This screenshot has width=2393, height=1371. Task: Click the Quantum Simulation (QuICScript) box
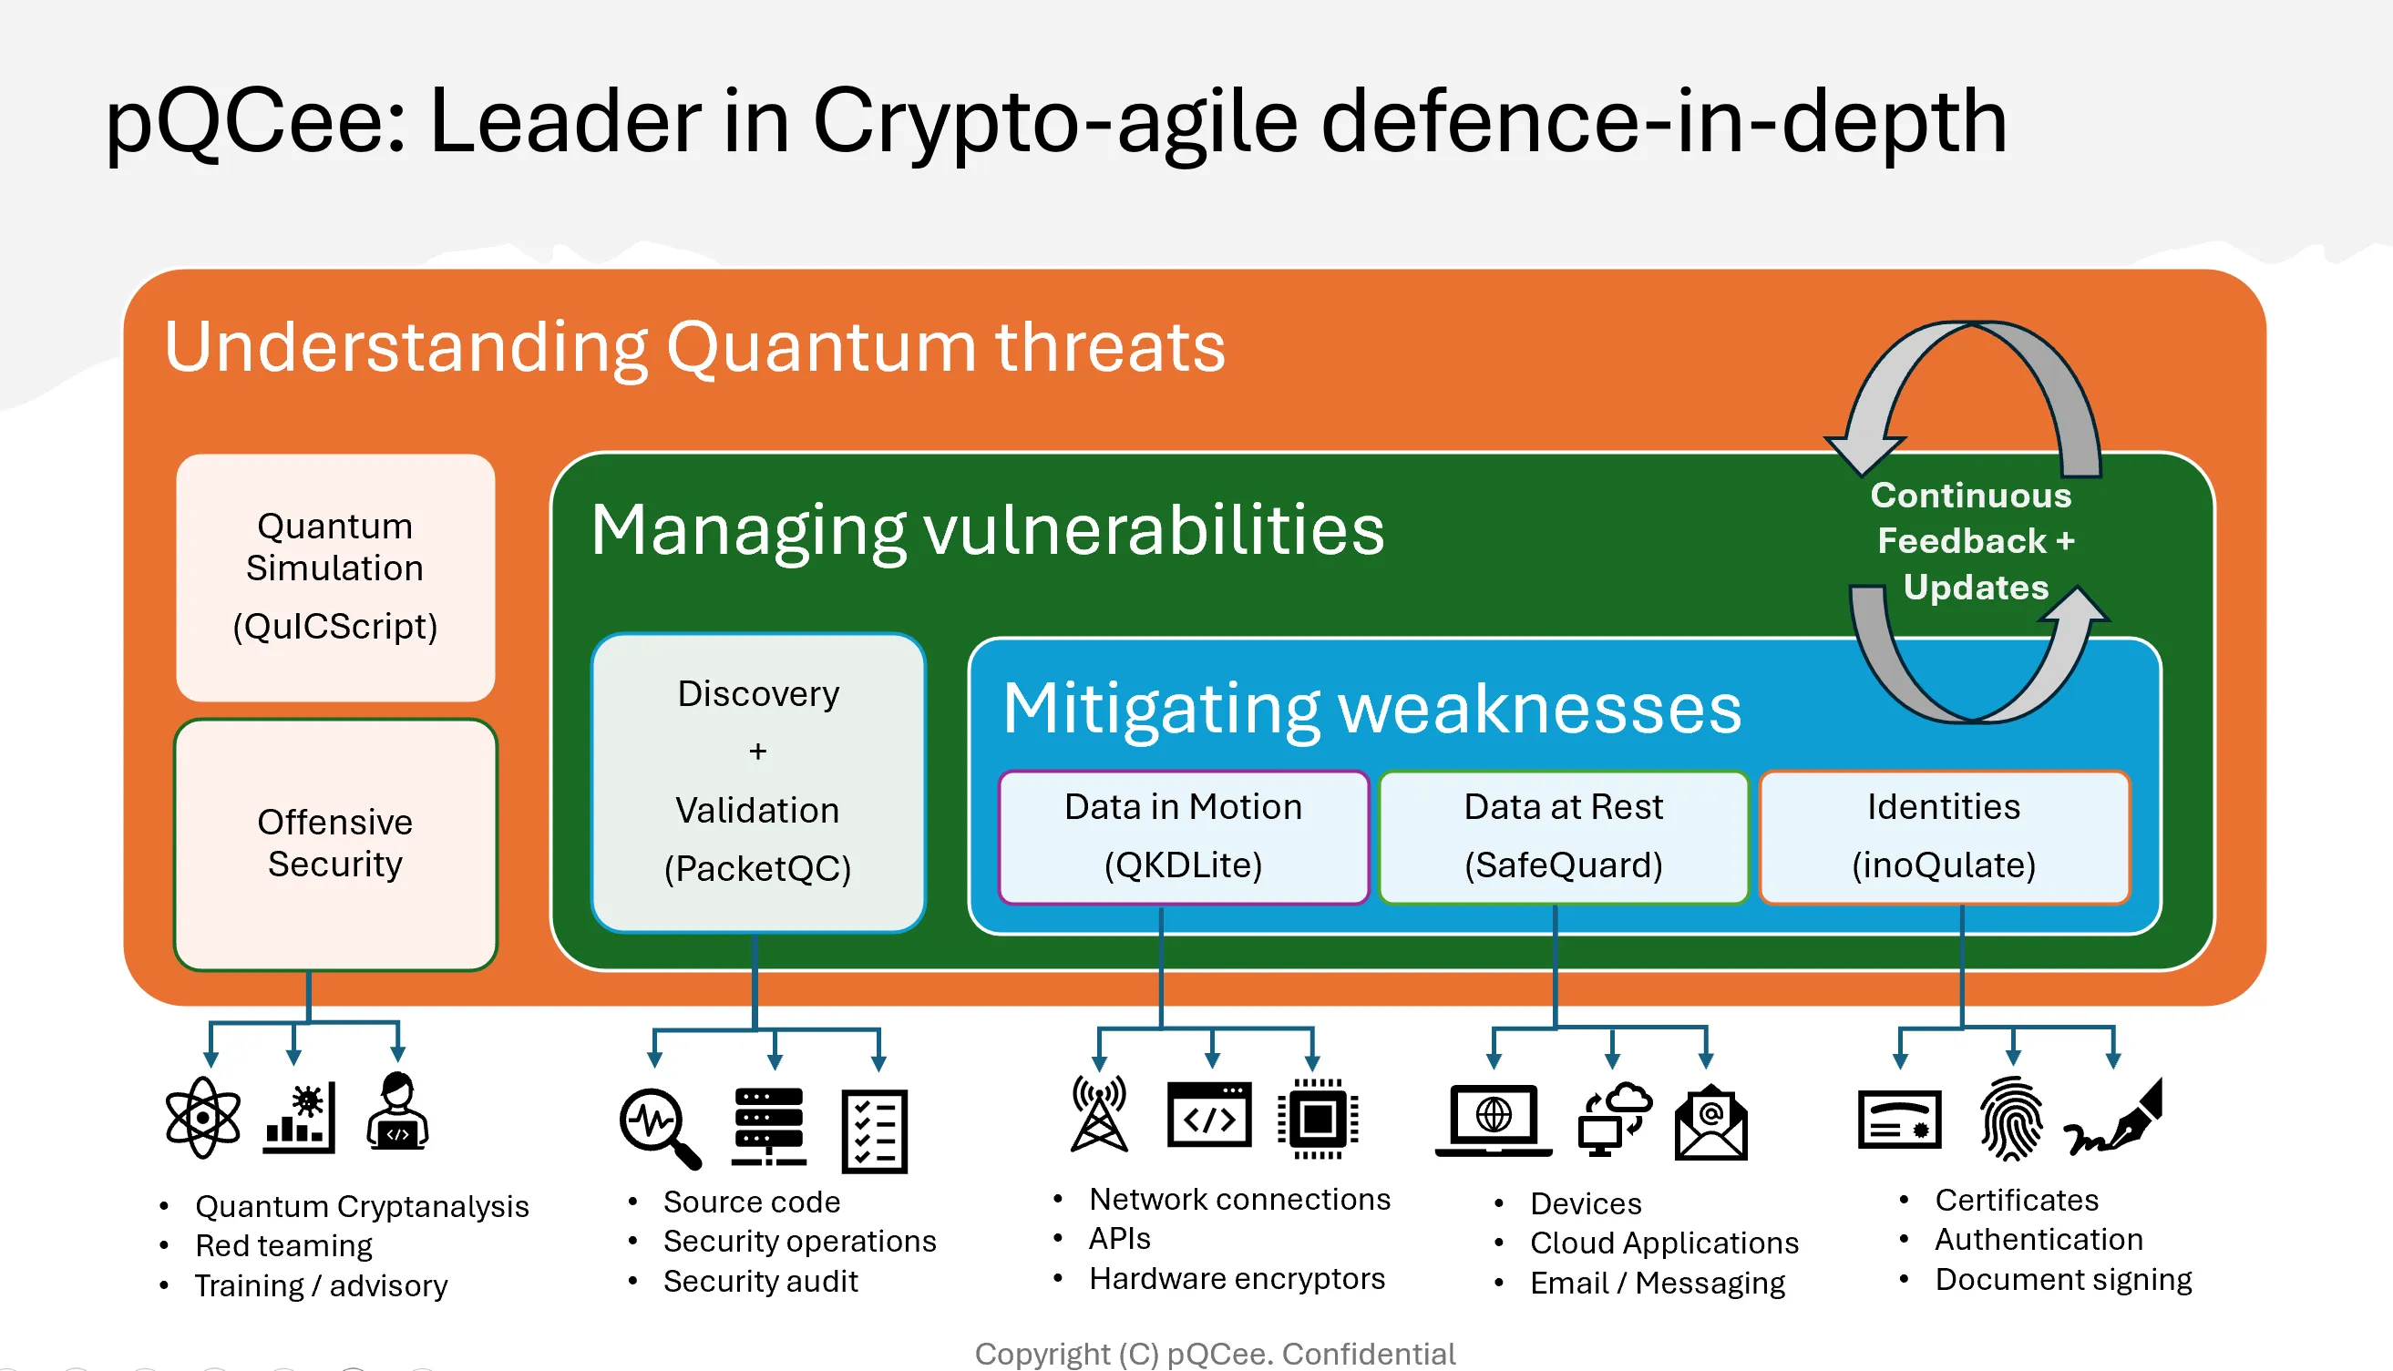pyautogui.click(x=335, y=577)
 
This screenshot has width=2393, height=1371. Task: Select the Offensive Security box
pyautogui.click(x=335, y=843)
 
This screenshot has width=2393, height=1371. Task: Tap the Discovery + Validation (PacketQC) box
pyautogui.click(x=758, y=782)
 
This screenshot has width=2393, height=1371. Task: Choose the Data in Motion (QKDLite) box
pyautogui.click(x=1183, y=836)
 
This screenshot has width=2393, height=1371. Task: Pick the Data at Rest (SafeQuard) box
pyautogui.click(x=1564, y=836)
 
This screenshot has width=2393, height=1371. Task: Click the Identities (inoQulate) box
pyautogui.click(x=1944, y=836)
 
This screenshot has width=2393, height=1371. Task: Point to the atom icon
pyautogui.click(x=202, y=1118)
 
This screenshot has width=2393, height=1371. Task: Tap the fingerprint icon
pyautogui.click(x=2011, y=1119)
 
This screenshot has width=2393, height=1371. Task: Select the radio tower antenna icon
pyautogui.click(x=1099, y=1116)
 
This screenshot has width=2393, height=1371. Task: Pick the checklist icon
pyautogui.click(x=874, y=1130)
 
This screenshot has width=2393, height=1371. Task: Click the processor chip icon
pyautogui.click(x=1318, y=1119)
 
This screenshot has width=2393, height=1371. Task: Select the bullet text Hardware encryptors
pyautogui.click(x=1237, y=1279)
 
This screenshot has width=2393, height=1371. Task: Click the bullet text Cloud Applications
pyautogui.click(x=1664, y=1243)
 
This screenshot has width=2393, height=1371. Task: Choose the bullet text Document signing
pyautogui.click(x=2063, y=1280)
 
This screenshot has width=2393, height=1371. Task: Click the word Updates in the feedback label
pyautogui.click(x=1976, y=588)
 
